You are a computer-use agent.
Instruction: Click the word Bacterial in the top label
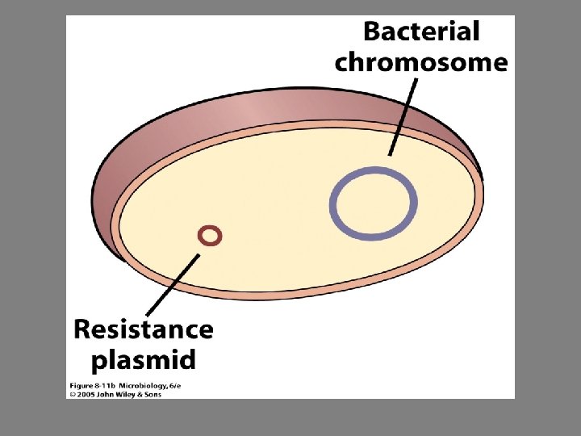tap(421, 32)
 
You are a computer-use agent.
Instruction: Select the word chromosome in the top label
tap(421, 62)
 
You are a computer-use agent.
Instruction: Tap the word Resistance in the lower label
tap(144, 329)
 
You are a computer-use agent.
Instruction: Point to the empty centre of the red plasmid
tap(210, 236)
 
